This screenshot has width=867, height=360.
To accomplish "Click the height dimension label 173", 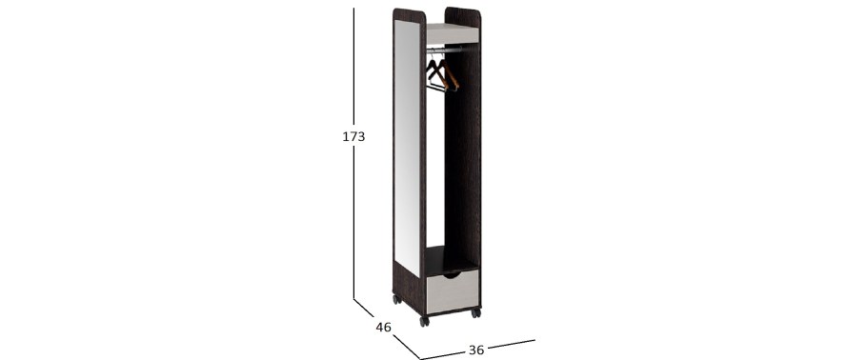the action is [353, 136].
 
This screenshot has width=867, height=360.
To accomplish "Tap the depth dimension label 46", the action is [383, 328].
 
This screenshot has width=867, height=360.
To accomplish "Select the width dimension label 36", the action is [476, 350].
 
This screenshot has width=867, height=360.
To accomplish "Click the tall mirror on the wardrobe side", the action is [408, 147].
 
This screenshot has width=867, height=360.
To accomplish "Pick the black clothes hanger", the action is [435, 75].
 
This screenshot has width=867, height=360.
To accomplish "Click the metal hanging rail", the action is [453, 50].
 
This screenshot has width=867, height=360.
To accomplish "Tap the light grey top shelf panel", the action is [453, 33].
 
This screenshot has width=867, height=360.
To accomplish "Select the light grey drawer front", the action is [453, 290].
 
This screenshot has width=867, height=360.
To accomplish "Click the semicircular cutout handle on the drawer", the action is [453, 275].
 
